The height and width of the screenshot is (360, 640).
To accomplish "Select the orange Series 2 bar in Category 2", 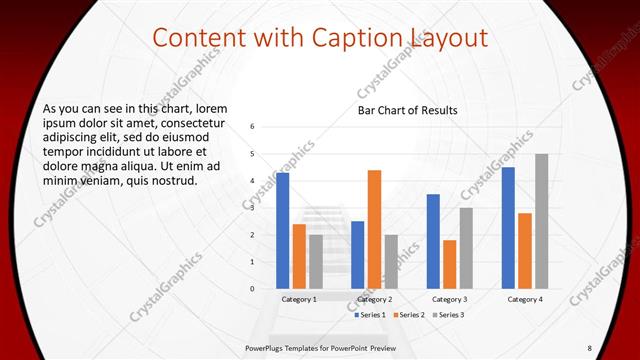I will pyautogui.click(x=374, y=229).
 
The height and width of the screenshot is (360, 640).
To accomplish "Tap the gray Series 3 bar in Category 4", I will pyautogui.click(x=541, y=221).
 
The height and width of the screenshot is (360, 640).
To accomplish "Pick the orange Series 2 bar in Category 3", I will pyautogui.click(x=449, y=264).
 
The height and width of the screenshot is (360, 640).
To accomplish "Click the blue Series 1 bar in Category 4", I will pyautogui.click(x=509, y=227).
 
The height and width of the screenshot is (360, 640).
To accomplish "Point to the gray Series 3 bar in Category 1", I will pyautogui.click(x=315, y=261).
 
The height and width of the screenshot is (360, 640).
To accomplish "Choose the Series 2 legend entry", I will pyautogui.click(x=410, y=315).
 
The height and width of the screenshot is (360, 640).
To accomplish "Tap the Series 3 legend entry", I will pyautogui.click(x=449, y=315).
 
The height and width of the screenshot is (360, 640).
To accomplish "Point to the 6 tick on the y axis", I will pyautogui.click(x=254, y=127).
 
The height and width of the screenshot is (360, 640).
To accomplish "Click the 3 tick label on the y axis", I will pyautogui.click(x=254, y=208).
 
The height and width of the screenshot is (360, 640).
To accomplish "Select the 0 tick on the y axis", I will pyautogui.click(x=254, y=289).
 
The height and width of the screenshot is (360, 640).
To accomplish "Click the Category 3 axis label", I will pyautogui.click(x=449, y=299).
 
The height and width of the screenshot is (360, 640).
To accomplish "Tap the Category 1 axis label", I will pyautogui.click(x=299, y=299).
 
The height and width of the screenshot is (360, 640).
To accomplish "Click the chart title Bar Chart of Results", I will pyautogui.click(x=408, y=110).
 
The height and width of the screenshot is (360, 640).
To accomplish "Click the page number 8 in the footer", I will pyautogui.click(x=589, y=347).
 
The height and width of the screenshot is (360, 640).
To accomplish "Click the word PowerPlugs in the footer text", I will pyautogui.click(x=267, y=347).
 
